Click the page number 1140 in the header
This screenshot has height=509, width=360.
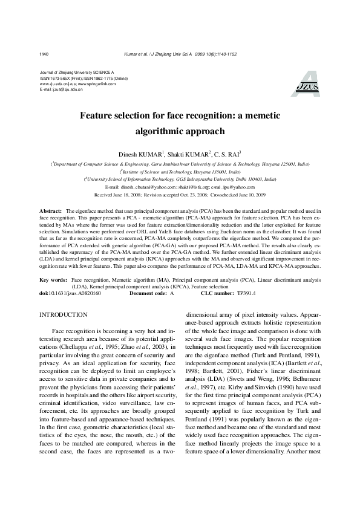(x=44, y=54)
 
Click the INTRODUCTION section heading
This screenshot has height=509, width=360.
(x=63, y=315)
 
